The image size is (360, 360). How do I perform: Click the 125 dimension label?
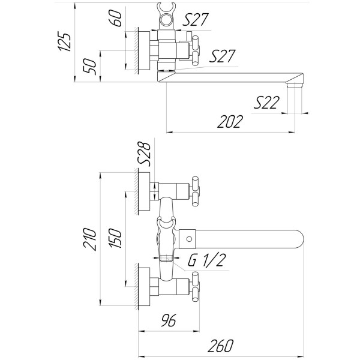point(67,40)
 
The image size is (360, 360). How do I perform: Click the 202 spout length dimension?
point(231,122)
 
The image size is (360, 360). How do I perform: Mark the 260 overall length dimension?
point(222,346)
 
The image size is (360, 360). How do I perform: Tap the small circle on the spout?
point(189,239)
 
